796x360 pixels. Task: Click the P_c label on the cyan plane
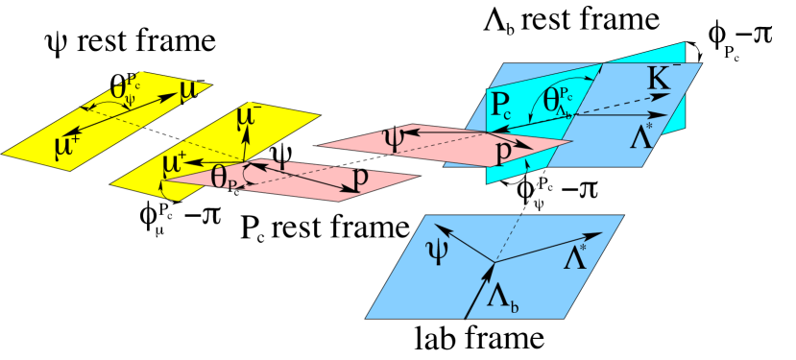(504, 107)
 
